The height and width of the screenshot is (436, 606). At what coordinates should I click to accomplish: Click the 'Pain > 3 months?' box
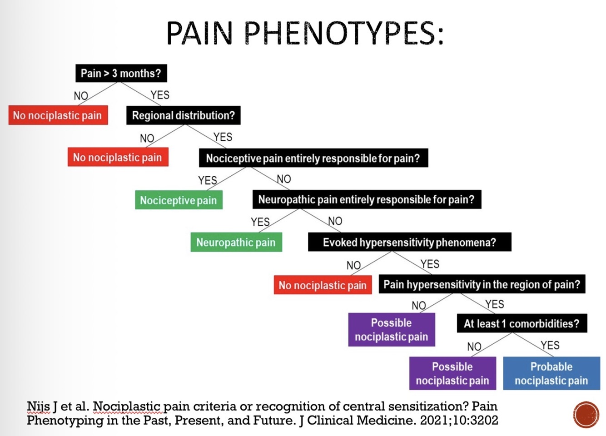coord(121,73)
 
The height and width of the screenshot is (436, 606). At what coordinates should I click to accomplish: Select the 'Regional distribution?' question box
coord(183,115)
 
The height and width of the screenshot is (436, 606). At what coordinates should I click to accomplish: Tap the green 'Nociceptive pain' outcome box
coord(179,200)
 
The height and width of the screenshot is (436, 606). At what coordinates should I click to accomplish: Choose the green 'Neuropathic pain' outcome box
coord(236,242)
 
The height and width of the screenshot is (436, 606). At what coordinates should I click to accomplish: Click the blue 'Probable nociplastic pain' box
coord(551,373)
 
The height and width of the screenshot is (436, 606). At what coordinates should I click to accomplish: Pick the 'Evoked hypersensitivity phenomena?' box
coord(409,242)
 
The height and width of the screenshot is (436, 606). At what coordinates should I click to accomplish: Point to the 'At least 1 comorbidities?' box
coord(522,323)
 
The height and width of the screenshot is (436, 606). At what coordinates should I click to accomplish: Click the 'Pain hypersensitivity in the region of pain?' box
coord(482,284)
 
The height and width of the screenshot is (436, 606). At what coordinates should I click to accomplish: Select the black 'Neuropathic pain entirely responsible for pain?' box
coord(366,199)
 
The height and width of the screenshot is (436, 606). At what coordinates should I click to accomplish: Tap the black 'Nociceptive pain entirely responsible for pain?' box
coord(313,158)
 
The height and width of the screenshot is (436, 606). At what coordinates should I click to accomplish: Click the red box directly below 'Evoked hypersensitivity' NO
coord(323,285)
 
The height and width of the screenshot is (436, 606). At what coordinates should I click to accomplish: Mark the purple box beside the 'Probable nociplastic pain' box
coord(452,373)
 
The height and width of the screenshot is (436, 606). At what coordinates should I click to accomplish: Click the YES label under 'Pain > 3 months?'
coord(160,95)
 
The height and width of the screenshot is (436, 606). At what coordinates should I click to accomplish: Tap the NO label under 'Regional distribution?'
coord(147,138)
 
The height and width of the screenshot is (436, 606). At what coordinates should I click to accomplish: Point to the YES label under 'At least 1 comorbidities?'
coord(550,345)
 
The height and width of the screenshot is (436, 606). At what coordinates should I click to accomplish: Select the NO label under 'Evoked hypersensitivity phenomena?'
coord(353,265)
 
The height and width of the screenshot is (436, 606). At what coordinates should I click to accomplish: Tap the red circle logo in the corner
coord(586,414)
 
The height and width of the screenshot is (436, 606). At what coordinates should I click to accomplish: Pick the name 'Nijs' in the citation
coord(39,406)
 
